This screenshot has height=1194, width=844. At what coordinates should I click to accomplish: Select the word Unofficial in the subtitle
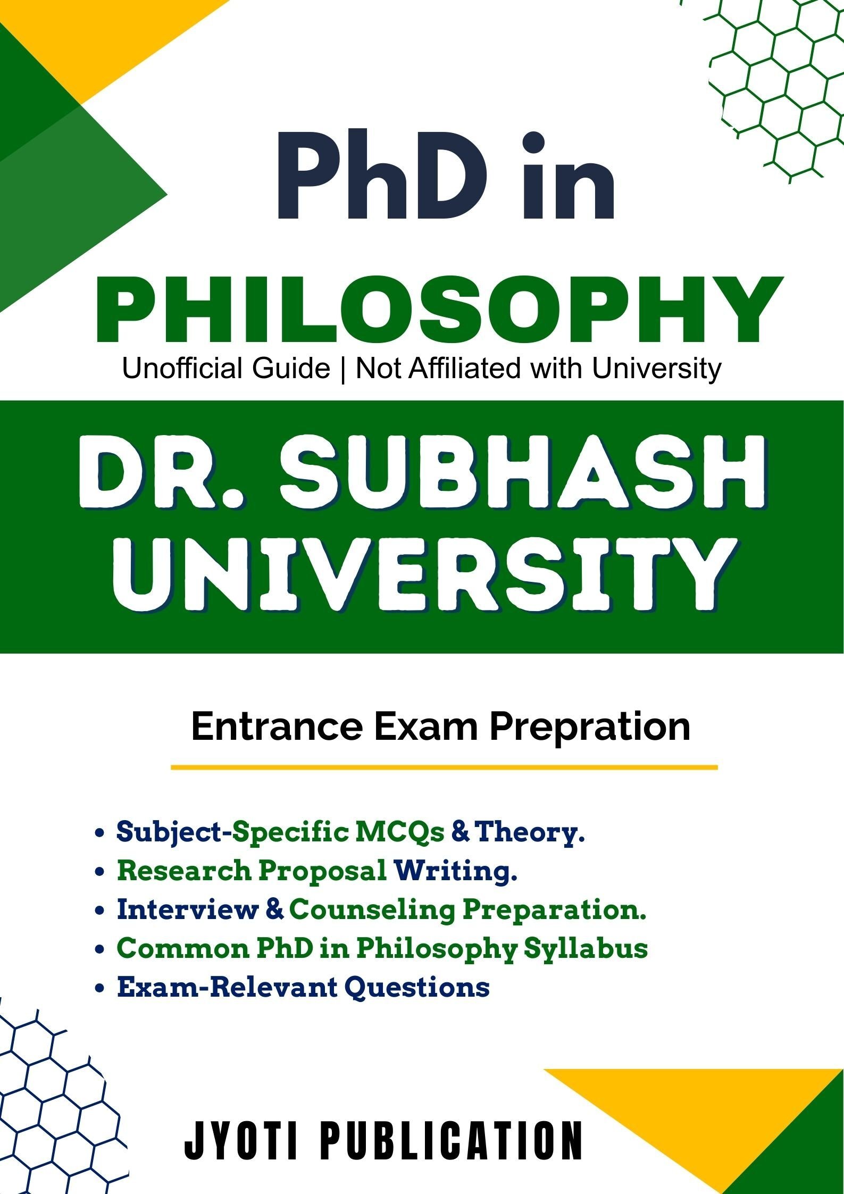click(x=226, y=368)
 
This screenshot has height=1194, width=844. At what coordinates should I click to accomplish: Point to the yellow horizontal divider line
click(x=444, y=767)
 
